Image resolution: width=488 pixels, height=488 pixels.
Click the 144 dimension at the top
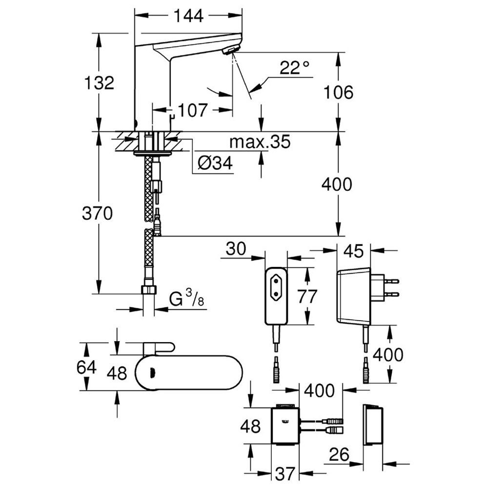pos(188,16)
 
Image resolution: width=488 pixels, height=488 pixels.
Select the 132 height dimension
pos(99,83)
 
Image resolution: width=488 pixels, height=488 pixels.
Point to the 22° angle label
pos(294,67)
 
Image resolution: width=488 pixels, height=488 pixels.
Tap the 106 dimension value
pos(338,92)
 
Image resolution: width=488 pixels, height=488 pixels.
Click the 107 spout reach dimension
pos(192,110)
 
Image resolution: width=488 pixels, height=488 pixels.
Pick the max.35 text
pos(260,142)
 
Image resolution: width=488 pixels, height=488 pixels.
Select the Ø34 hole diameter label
pos(215,163)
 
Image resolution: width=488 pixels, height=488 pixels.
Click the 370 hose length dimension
pos(97,214)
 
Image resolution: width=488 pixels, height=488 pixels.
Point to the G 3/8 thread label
pos(186,298)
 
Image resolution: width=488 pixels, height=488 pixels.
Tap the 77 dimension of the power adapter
pos(307,296)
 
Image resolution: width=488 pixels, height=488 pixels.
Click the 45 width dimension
pos(354,251)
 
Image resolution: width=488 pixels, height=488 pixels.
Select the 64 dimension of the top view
pos(86,367)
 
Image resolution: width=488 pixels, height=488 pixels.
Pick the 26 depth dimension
pos(339,455)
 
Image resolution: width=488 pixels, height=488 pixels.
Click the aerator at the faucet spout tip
pos(231,50)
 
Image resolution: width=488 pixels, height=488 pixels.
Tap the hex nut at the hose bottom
pos(149,290)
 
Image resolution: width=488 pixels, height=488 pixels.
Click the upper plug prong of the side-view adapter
pos(392,281)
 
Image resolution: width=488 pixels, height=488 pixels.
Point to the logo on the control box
pos(285,422)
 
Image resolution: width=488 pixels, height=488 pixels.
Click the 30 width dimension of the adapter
pos(236,249)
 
